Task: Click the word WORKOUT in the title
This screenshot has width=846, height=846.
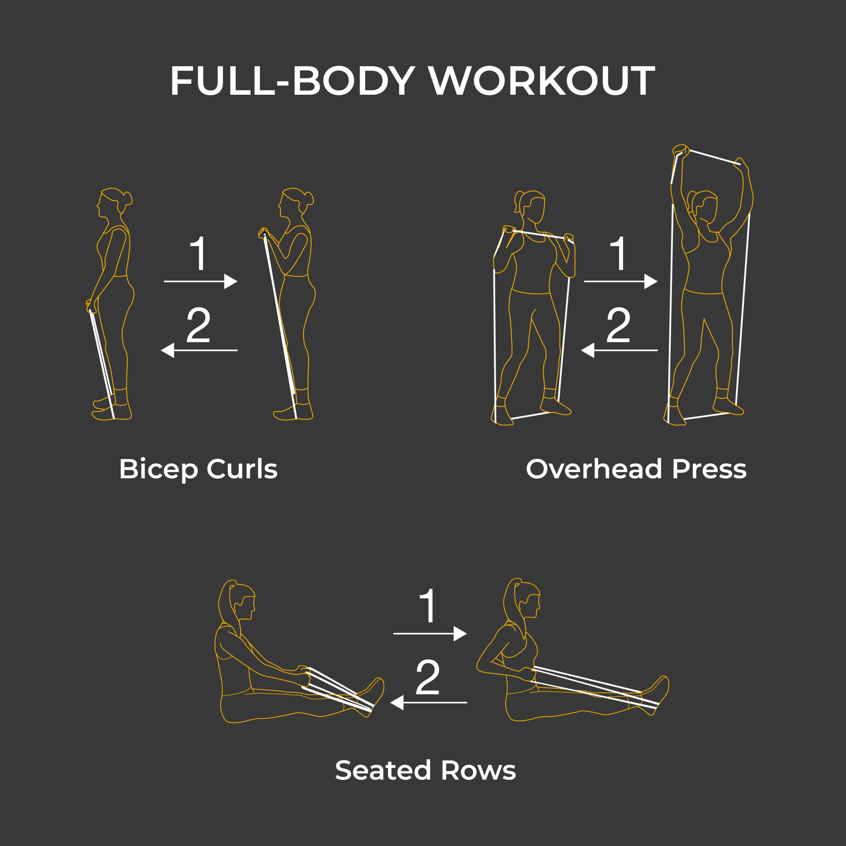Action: (x=542, y=80)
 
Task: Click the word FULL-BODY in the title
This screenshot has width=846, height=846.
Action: (x=293, y=80)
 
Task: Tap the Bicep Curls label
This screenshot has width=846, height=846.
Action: (x=198, y=470)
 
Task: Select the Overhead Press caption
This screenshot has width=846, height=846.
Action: (x=636, y=469)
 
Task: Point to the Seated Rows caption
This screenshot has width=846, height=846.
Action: (x=425, y=770)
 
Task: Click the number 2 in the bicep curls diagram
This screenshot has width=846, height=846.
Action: (x=198, y=325)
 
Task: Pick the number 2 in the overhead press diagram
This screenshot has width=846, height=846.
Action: (x=618, y=325)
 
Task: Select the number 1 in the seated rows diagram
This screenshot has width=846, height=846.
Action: (x=427, y=606)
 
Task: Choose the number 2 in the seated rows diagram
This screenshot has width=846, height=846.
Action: (x=427, y=677)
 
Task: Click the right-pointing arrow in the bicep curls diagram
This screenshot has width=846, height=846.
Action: (x=201, y=281)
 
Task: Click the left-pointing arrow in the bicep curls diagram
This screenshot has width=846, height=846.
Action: (x=200, y=350)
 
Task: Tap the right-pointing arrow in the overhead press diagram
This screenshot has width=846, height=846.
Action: (x=621, y=281)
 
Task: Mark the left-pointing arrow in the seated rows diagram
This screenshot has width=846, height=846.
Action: (x=429, y=702)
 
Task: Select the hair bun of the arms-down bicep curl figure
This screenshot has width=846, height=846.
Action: (x=128, y=198)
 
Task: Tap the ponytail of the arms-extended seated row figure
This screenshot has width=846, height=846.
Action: (x=227, y=604)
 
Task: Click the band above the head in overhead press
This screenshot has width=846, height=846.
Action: (x=715, y=157)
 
